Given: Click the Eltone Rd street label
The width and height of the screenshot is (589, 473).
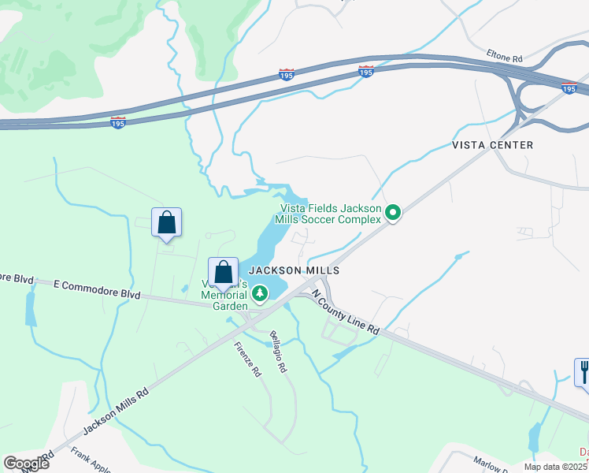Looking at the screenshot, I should pyautogui.click(x=505, y=58).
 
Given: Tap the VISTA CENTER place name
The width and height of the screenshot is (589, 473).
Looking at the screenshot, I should pyautogui.click(x=492, y=145).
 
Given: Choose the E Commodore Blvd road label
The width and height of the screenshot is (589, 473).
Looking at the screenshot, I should pyautogui.click(x=97, y=288).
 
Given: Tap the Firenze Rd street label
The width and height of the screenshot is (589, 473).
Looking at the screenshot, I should pyautogui.click(x=246, y=359).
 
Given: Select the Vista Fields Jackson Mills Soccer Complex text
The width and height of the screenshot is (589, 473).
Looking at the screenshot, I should pyautogui.click(x=332, y=214).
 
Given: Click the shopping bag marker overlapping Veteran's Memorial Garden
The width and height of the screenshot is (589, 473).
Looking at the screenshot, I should pyautogui.click(x=224, y=273).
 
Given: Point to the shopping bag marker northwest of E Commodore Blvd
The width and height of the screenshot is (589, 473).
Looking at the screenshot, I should pyautogui.click(x=166, y=222).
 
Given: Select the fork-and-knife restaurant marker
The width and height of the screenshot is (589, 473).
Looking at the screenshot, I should pyautogui.click(x=583, y=371).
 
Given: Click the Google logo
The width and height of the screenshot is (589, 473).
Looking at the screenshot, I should pyautogui.click(x=27, y=464).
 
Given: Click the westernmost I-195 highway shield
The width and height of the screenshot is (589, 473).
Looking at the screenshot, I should pyautogui.click(x=117, y=124).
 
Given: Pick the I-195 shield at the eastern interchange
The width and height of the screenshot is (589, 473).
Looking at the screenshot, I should pyautogui.click(x=569, y=88).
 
